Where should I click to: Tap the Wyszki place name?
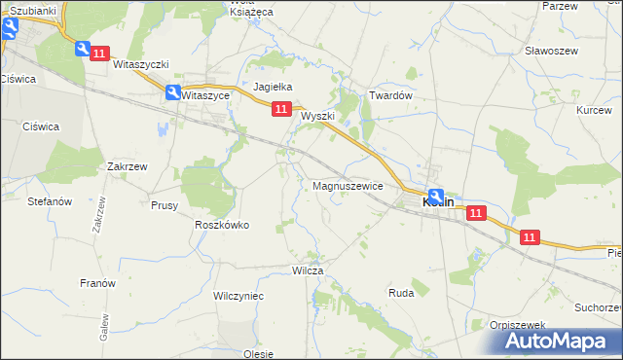[x=317, y=116]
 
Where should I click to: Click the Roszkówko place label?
[x=222, y=225]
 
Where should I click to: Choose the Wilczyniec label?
[x=238, y=295]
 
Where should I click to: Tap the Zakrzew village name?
[x=128, y=166]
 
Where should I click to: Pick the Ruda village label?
[x=401, y=292]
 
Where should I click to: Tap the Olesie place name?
[x=258, y=353]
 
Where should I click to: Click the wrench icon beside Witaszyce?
[x=172, y=93]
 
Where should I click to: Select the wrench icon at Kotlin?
[x=435, y=196]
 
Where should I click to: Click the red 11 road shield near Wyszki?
[x=280, y=110]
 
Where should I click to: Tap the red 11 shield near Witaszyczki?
[x=99, y=54]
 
